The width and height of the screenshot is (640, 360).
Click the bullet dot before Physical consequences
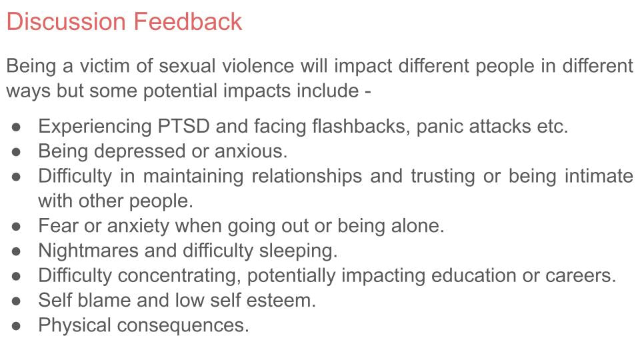click(19, 325)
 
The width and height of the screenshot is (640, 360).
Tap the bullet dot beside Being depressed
click(19, 151)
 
